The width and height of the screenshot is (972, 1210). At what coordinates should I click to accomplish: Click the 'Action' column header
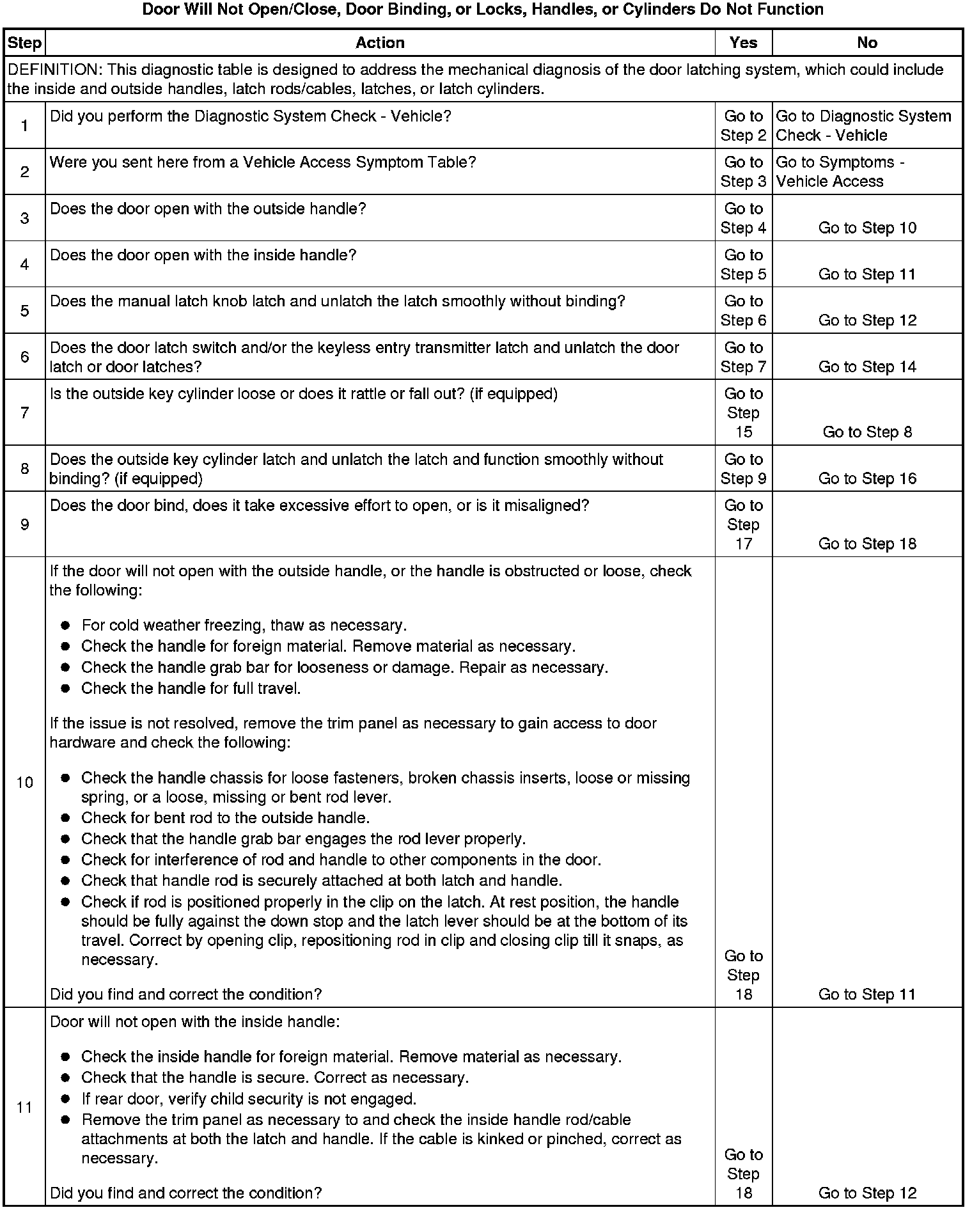[x=380, y=43]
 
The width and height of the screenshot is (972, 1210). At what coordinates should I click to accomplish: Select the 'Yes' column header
[x=743, y=43]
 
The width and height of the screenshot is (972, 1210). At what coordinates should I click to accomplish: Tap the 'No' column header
[x=866, y=43]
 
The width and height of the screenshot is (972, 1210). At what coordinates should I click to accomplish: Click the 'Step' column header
[x=24, y=43]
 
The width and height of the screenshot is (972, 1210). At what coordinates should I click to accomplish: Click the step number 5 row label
[x=24, y=311]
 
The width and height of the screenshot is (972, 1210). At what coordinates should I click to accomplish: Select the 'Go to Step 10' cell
[x=867, y=228]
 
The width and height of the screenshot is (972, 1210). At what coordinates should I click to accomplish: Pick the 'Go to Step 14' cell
[x=867, y=367]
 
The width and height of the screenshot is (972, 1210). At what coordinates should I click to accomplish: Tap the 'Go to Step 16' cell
[x=867, y=479]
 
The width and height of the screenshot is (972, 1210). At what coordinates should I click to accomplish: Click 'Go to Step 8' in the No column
[x=867, y=432]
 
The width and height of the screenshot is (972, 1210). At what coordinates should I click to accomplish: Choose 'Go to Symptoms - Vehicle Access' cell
[x=840, y=172]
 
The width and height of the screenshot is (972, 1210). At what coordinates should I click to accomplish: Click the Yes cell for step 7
[x=743, y=413]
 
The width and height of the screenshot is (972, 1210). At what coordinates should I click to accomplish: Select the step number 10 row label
[x=24, y=782]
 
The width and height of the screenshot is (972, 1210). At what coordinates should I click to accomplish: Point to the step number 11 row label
[x=24, y=1107]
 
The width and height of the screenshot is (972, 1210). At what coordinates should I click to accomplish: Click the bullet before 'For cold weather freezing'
[x=65, y=625]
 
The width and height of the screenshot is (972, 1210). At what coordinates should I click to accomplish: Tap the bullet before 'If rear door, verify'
[x=65, y=1099]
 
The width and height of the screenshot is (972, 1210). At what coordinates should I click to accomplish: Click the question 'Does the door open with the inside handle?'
[x=203, y=256]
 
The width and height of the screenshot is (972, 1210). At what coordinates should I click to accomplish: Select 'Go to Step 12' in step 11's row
[x=867, y=1193]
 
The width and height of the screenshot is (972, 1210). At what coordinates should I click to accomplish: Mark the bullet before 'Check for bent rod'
[x=65, y=818]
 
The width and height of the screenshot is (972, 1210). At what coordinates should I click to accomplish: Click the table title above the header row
[x=483, y=10]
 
